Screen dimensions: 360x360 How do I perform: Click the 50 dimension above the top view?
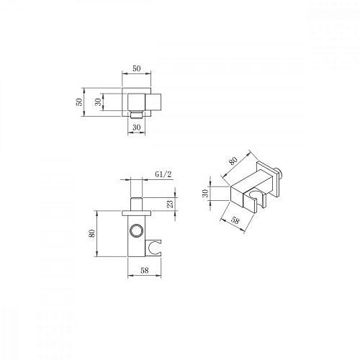[x=137, y=68]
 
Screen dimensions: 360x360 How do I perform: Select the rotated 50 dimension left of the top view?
[x=79, y=102]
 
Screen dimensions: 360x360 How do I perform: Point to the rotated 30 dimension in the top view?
[x=99, y=102]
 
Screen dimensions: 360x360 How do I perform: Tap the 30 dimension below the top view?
[x=137, y=127]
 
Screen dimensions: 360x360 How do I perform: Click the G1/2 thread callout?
[x=163, y=174]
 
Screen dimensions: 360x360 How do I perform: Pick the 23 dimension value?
[x=170, y=204]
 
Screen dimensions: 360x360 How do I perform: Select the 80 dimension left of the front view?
[x=92, y=233]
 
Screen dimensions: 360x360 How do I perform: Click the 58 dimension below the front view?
[x=145, y=271]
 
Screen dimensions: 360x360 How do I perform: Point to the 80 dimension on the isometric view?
[x=233, y=161]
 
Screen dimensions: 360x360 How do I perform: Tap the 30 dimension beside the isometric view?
[x=205, y=193]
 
